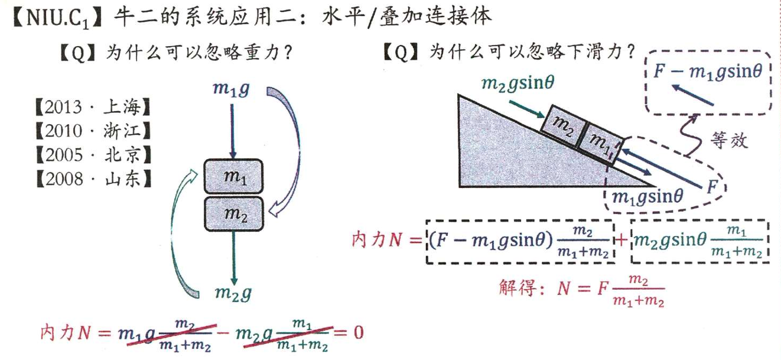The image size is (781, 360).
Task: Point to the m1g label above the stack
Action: click(x=230, y=90)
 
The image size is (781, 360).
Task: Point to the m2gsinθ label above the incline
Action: click(x=518, y=84)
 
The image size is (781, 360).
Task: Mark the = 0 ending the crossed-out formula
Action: click(x=350, y=332)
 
